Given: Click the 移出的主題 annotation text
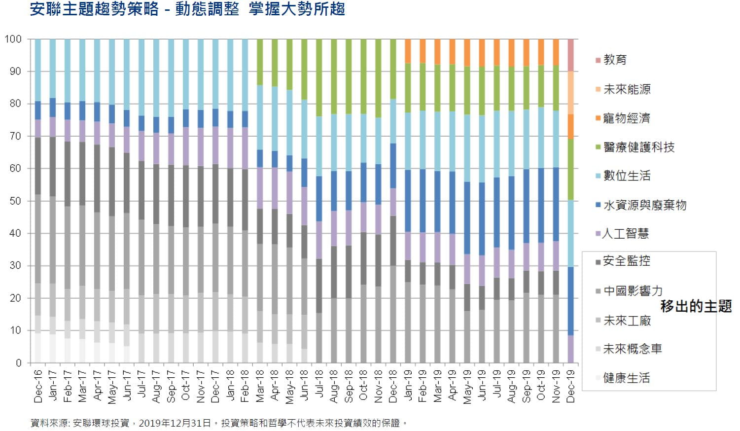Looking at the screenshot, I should coord(696,306).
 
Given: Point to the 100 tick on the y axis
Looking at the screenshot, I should coord(13,39).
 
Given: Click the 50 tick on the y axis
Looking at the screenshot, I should coord(16,201).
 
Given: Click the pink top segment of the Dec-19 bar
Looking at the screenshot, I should coord(571,55).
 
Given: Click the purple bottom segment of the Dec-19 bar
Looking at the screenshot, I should coord(571,349).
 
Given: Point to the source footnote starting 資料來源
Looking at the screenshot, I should coord(219,423).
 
